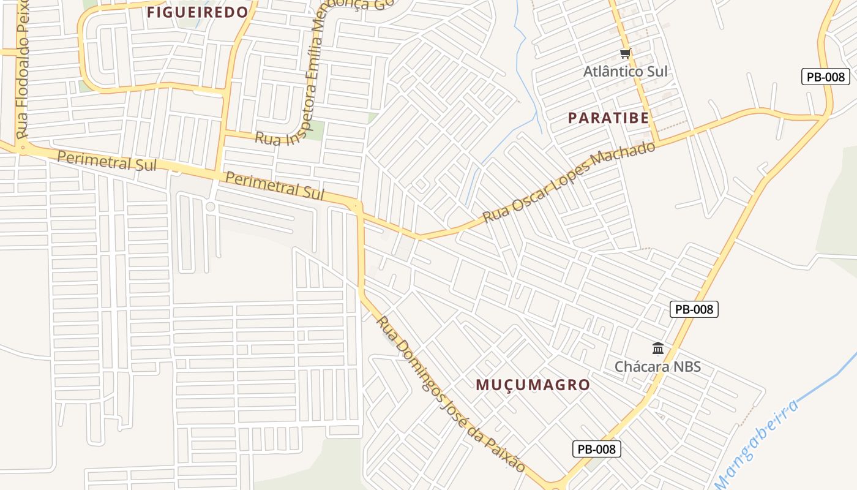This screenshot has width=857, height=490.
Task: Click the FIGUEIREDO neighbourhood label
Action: [x=198, y=12]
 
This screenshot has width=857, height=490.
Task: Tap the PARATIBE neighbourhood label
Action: [x=608, y=118]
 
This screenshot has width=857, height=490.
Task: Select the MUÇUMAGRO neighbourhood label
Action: [x=533, y=385]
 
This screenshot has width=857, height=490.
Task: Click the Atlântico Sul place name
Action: [x=625, y=72]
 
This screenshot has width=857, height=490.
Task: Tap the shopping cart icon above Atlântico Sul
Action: [x=624, y=54]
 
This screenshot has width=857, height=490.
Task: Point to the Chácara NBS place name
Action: [x=657, y=367]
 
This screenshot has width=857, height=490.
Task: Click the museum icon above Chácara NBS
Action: [x=658, y=349]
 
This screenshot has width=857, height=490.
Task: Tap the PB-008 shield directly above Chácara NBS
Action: [x=694, y=309]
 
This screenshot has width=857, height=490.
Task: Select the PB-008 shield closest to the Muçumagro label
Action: [x=597, y=449]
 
